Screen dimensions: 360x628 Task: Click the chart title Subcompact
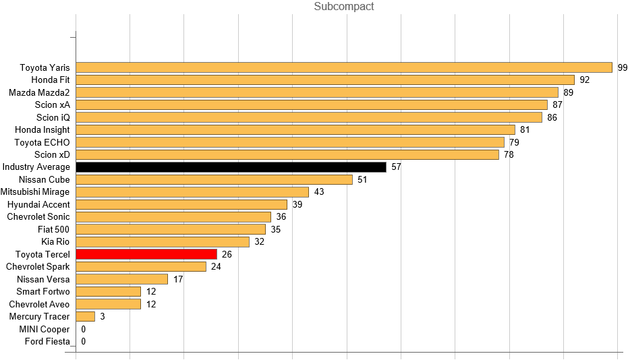pyautogui.click(x=344, y=7)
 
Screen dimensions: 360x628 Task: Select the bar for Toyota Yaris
pyautogui.click(x=344, y=67)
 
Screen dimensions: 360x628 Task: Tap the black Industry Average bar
pyautogui.click(x=231, y=167)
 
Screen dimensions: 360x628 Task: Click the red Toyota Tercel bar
pyautogui.click(x=146, y=254)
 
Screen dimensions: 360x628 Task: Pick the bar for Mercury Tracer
pyautogui.click(x=86, y=316)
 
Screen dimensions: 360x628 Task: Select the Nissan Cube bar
pyautogui.click(x=214, y=179)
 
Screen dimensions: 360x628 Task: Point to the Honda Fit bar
pyautogui.click(x=325, y=80)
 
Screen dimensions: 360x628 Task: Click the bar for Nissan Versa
pyautogui.click(x=122, y=279)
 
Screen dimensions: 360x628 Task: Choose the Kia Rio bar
pyautogui.click(x=163, y=241)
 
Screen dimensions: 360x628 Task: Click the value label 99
pyautogui.click(x=623, y=67)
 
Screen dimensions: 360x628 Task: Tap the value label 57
pyautogui.click(x=396, y=167)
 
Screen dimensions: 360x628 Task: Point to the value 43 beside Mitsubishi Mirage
pyautogui.click(x=319, y=192)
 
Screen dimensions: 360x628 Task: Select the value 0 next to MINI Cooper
pyautogui.click(x=83, y=329)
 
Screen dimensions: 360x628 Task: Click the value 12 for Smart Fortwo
pyautogui.click(x=151, y=291)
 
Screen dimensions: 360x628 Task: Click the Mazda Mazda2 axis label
pyautogui.click(x=39, y=92)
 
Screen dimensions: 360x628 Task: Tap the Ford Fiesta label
pyautogui.click(x=47, y=341)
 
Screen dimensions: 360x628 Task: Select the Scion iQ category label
pyautogui.click(x=53, y=117)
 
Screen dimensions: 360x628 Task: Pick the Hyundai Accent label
pyautogui.click(x=38, y=204)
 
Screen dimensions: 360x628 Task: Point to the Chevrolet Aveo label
pyautogui.click(x=39, y=304)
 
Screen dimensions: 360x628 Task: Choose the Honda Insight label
pyautogui.click(x=42, y=129)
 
